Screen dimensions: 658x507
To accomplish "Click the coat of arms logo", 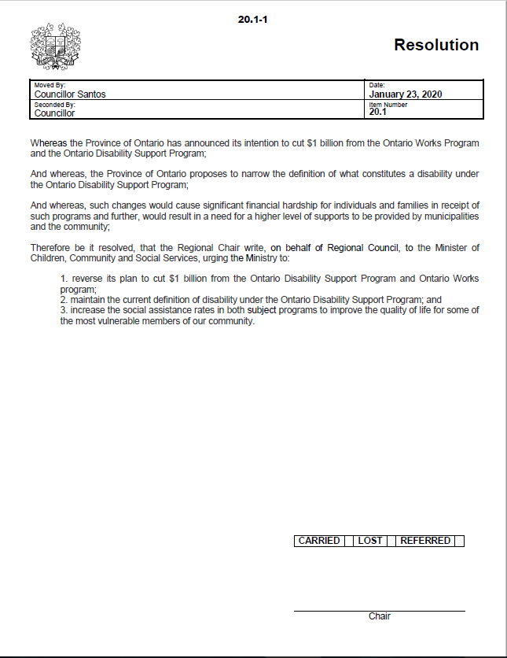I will coord(54,47).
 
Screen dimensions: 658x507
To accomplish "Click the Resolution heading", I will coord(436,45).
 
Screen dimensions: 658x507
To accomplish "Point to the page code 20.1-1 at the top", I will coord(254,18).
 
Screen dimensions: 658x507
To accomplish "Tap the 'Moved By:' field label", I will coord(50,85).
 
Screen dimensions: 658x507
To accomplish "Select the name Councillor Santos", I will coord(70,94).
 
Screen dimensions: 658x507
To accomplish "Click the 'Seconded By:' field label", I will coord(54,105).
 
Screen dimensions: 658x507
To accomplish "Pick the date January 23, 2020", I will coord(406,94).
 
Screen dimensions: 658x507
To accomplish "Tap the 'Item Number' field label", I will coord(388,105).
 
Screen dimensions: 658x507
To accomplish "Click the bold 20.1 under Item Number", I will coord(377,113).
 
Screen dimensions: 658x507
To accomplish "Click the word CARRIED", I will coord(319,541).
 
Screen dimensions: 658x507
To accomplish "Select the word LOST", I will coord(370,541).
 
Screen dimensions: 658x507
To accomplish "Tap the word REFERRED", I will coord(425,541).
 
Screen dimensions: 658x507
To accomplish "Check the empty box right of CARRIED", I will coord(349,541).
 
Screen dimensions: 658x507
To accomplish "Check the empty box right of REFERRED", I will coord(459,541).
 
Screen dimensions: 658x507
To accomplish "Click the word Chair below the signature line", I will coord(380,616).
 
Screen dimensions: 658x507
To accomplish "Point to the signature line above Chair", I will coord(379,611).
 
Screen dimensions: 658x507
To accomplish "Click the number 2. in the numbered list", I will coord(64,300).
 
